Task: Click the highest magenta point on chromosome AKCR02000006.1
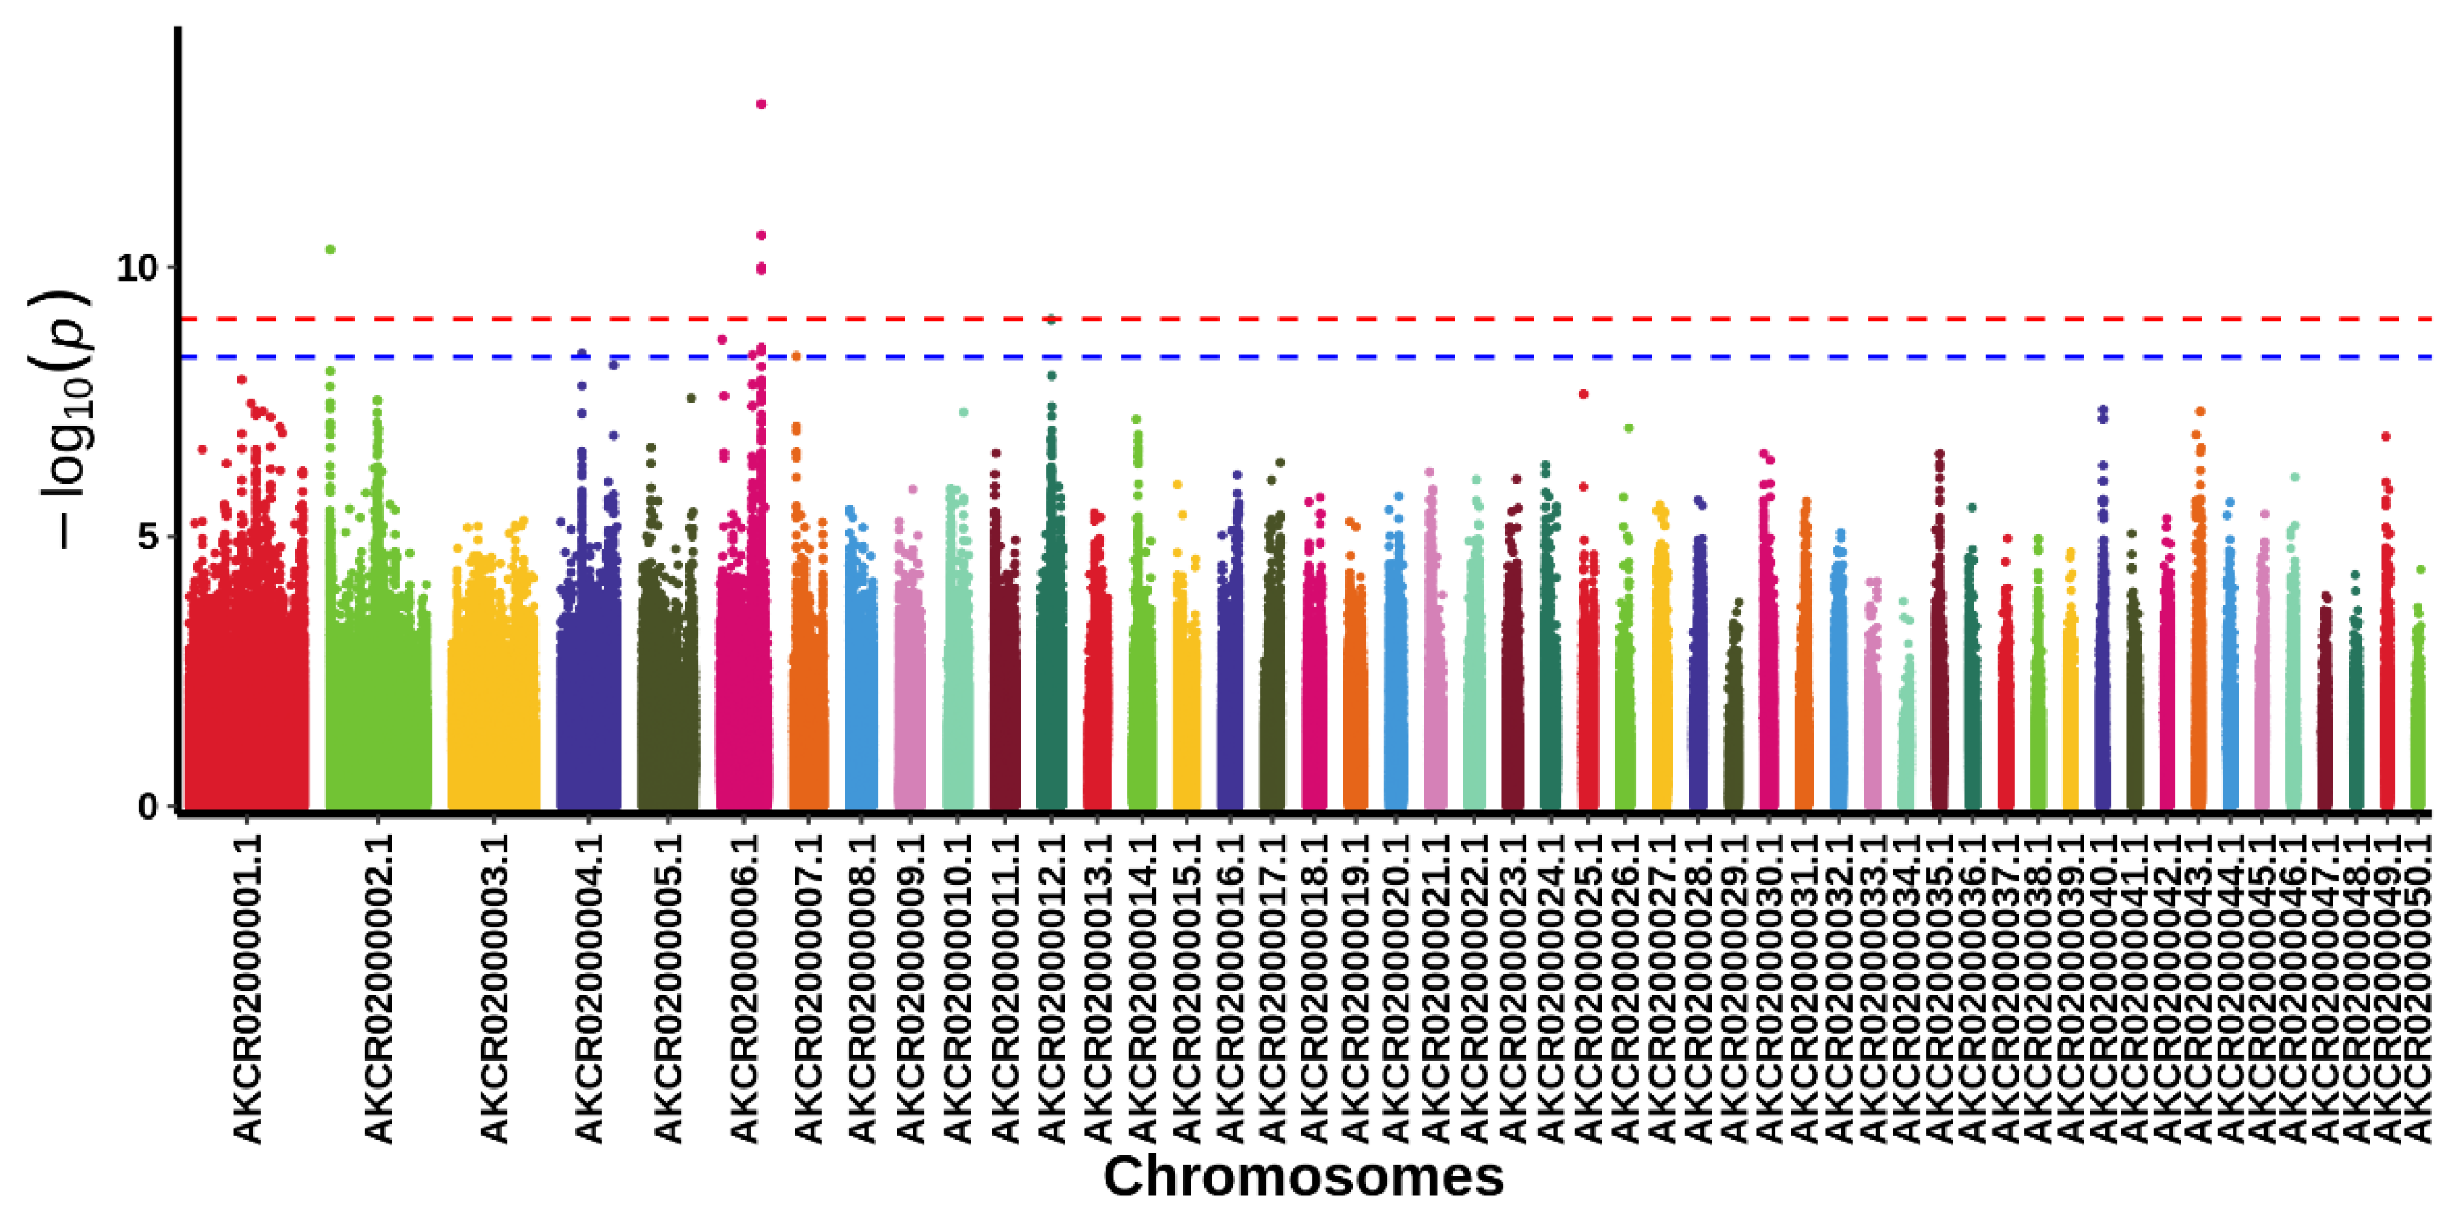pos(761,104)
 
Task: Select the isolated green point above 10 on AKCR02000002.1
pos(331,250)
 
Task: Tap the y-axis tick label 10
pos(135,269)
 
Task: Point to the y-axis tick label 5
pos(147,537)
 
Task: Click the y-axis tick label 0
pos(147,807)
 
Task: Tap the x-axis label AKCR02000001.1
pos(247,986)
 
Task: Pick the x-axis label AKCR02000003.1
pos(494,986)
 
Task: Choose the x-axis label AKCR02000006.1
pos(743,986)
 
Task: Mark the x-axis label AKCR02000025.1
pos(1588,986)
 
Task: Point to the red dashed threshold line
pos(1429,319)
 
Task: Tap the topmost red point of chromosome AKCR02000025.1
pos(1584,394)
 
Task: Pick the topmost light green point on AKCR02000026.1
pos(1628,428)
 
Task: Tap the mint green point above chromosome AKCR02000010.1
pos(963,413)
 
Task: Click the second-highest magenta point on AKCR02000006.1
pos(761,235)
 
